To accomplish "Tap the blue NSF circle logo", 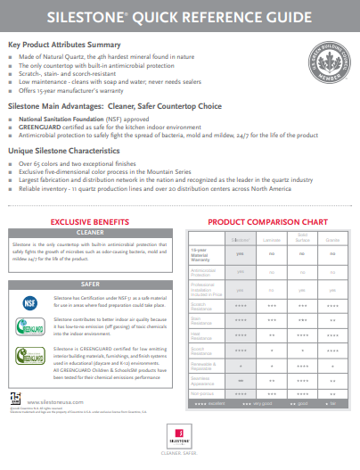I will pos(28,296).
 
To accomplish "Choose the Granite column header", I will pos(331,241).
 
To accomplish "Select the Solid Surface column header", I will pos(301,239).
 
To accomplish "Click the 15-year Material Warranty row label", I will pos(206,254).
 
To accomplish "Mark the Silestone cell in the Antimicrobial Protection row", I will pos(240,270).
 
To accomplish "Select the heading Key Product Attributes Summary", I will pos(65,44).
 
